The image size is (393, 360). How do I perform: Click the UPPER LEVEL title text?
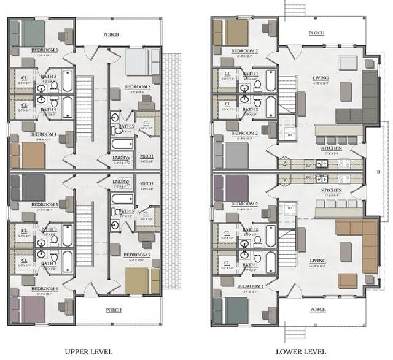click(x=88, y=351)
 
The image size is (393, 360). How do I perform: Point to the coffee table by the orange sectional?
click(x=344, y=252)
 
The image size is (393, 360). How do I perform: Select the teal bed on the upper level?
click(x=26, y=30)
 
